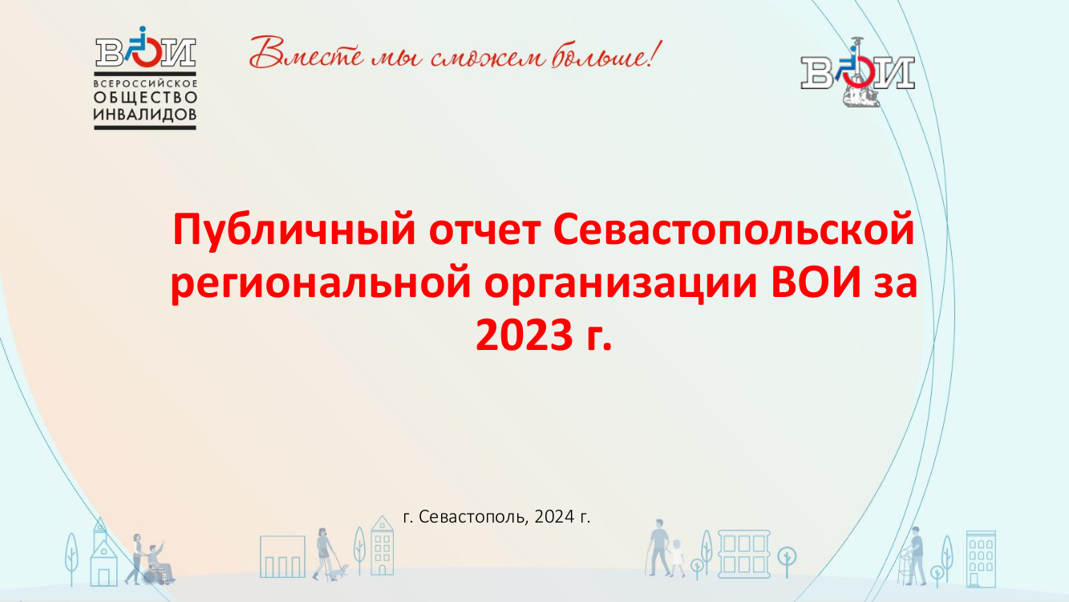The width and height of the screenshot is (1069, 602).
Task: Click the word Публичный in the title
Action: [x=294, y=231]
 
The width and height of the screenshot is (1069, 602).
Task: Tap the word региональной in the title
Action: [x=321, y=283]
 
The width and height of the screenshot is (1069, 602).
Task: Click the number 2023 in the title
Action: [x=524, y=335]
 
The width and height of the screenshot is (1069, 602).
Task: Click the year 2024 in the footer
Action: [x=554, y=516]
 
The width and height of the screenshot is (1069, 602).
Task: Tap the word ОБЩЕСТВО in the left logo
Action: [x=145, y=98]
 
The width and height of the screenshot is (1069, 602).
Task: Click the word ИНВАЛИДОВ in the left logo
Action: [x=145, y=114]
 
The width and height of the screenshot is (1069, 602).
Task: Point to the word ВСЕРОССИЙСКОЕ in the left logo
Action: [x=145, y=83]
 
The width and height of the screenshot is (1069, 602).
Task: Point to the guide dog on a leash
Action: [x=341, y=571]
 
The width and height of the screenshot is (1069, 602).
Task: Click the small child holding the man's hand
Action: [x=677, y=558]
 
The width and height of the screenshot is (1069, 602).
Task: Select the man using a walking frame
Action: [x=915, y=555]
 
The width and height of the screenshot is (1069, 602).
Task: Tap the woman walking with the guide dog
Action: [x=323, y=554]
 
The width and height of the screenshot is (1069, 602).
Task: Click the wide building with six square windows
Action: [x=744, y=554]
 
